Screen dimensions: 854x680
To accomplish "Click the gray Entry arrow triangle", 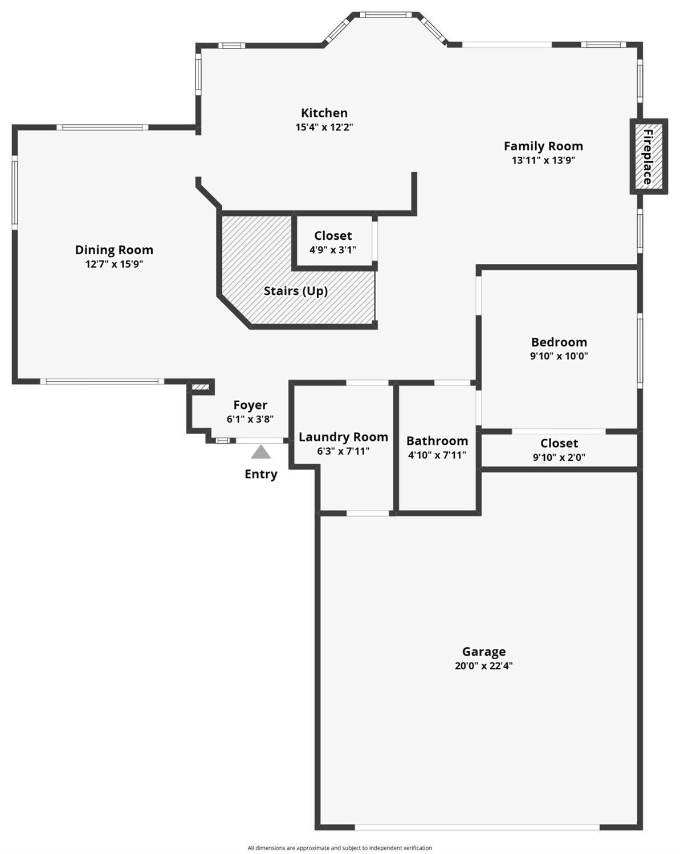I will (261, 452).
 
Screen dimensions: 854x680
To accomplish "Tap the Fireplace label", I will (648, 157).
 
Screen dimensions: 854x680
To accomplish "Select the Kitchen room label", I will (324, 113).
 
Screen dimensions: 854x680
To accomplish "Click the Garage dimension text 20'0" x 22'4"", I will (483, 665).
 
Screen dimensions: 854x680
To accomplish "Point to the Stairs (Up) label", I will (295, 291).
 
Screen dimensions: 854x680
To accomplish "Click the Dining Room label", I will (114, 250).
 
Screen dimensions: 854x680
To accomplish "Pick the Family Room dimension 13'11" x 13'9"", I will (543, 160).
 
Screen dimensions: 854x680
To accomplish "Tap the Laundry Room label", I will (343, 437).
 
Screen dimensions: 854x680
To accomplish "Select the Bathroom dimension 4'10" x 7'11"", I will (437, 455).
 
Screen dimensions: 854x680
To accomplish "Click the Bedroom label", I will (559, 342).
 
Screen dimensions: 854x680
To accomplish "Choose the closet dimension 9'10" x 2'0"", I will (559, 457).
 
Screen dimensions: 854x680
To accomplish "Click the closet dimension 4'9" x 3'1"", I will (333, 250).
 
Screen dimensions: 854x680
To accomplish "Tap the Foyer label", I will (250, 405).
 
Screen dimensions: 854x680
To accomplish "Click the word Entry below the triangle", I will (261, 474).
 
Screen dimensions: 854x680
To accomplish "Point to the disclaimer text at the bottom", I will (340, 848).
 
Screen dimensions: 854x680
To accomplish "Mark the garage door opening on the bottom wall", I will (477, 827).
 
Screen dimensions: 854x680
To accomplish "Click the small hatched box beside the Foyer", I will (200, 388).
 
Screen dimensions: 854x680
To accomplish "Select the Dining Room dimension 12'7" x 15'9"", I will (114, 264).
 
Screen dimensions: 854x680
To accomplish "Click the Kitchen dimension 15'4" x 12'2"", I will (324, 128).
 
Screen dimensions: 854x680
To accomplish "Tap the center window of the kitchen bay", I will (386, 15).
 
